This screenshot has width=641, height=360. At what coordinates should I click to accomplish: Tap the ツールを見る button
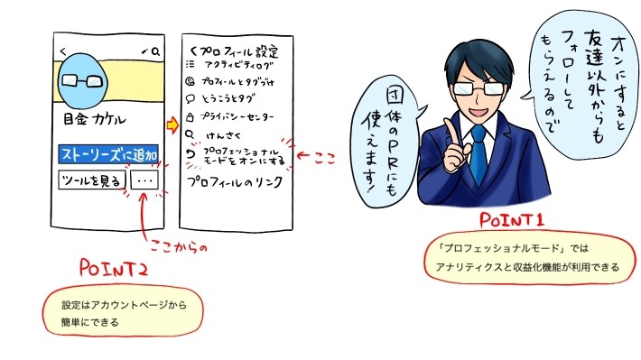coord(90,180)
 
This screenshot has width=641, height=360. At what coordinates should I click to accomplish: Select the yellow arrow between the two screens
coord(173,122)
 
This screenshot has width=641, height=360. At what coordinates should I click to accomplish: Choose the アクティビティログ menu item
coord(240,65)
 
